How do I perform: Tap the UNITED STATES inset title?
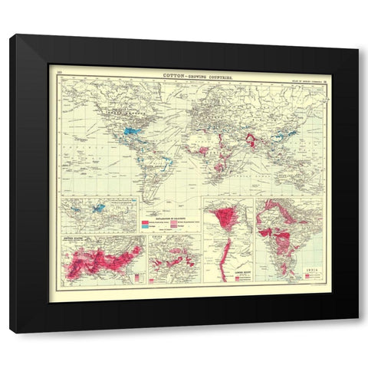74,239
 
